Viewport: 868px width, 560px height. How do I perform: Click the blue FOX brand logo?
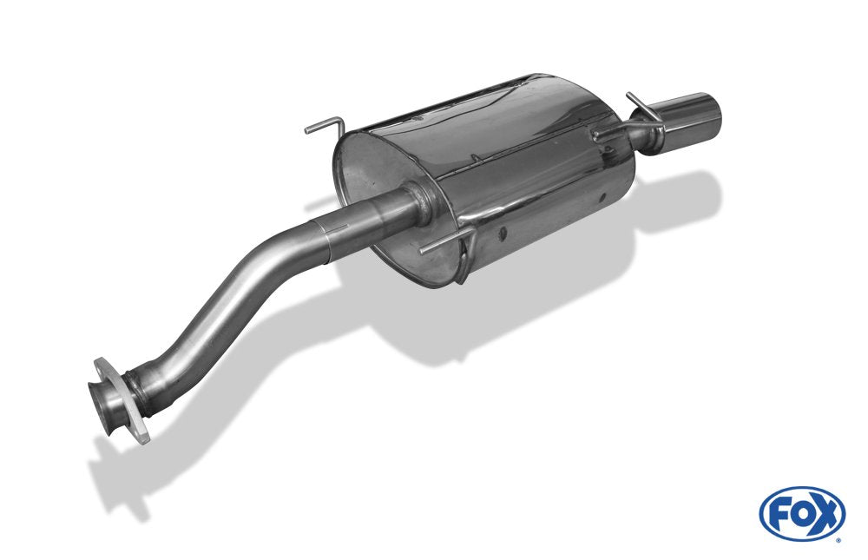(x=801, y=513)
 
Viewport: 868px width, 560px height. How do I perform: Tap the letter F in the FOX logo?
(x=779, y=513)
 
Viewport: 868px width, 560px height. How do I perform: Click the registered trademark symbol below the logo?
(x=838, y=538)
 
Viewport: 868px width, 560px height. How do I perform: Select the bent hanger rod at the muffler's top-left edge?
(x=325, y=128)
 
